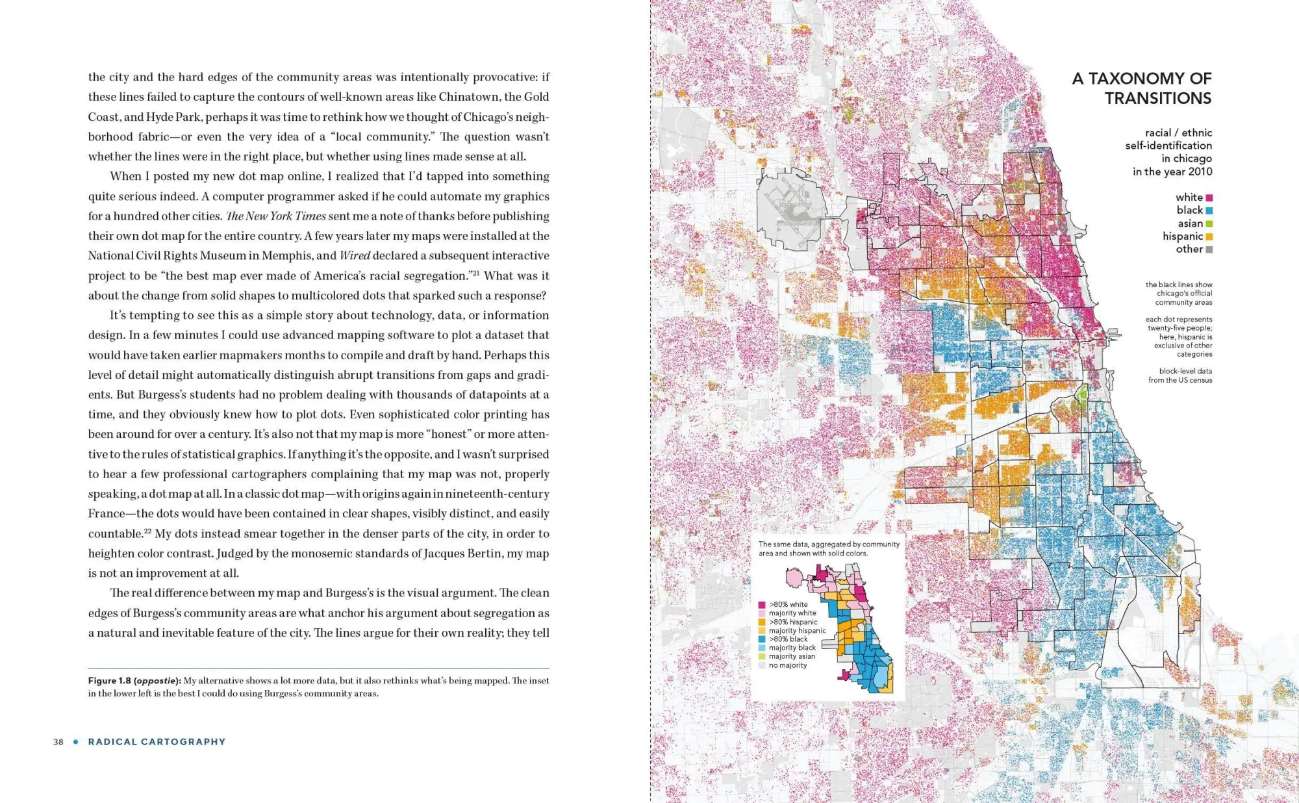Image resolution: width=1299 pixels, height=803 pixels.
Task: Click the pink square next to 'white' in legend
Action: click(x=1209, y=198)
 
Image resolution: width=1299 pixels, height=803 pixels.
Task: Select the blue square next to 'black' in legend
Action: click(x=1209, y=210)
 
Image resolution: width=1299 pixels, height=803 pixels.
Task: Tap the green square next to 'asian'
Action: click(x=1209, y=223)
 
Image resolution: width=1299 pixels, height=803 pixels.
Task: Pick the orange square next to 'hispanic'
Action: click(x=1209, y=236)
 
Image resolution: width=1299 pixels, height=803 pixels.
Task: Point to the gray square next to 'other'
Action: click(x=1209, y=249)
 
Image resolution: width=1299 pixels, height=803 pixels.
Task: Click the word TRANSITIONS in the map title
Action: click(x=1158, y=99)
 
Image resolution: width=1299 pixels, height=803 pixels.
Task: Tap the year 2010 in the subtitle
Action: click(x=1200, y=172)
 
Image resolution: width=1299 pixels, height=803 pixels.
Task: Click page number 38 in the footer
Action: click(x=58, y=742)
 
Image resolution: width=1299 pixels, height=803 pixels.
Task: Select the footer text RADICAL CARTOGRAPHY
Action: click(x=157, y=742)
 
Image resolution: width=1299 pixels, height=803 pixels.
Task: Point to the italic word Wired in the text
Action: click(x=355, y=256)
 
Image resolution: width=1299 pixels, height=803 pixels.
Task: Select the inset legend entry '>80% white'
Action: click(x=788, y=605)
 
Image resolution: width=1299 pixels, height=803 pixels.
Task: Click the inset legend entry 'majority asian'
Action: click(x=792, y=657)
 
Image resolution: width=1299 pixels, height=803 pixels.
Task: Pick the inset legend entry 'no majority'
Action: click(x=788, y=665)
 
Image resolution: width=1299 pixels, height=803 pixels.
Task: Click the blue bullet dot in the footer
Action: click(x=76, y=742)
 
